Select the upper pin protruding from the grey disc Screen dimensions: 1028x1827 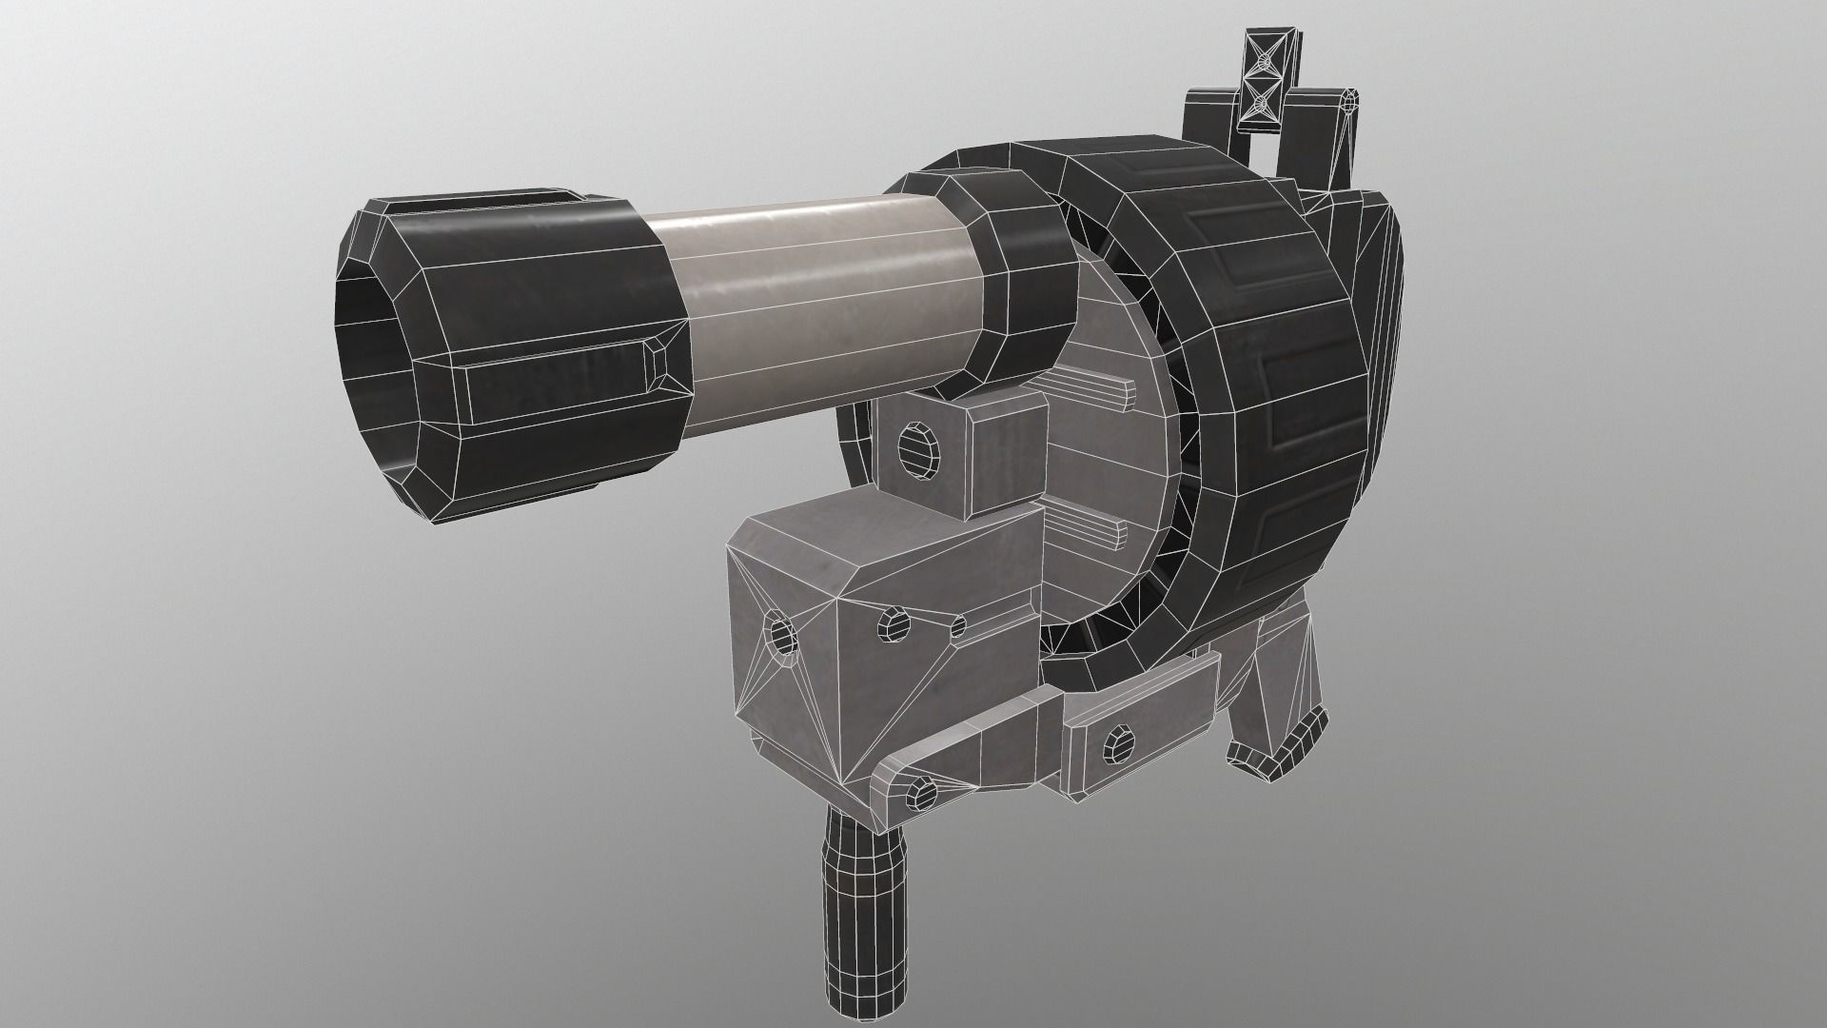point(1094,388)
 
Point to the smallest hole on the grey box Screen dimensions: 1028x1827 point(958,626)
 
